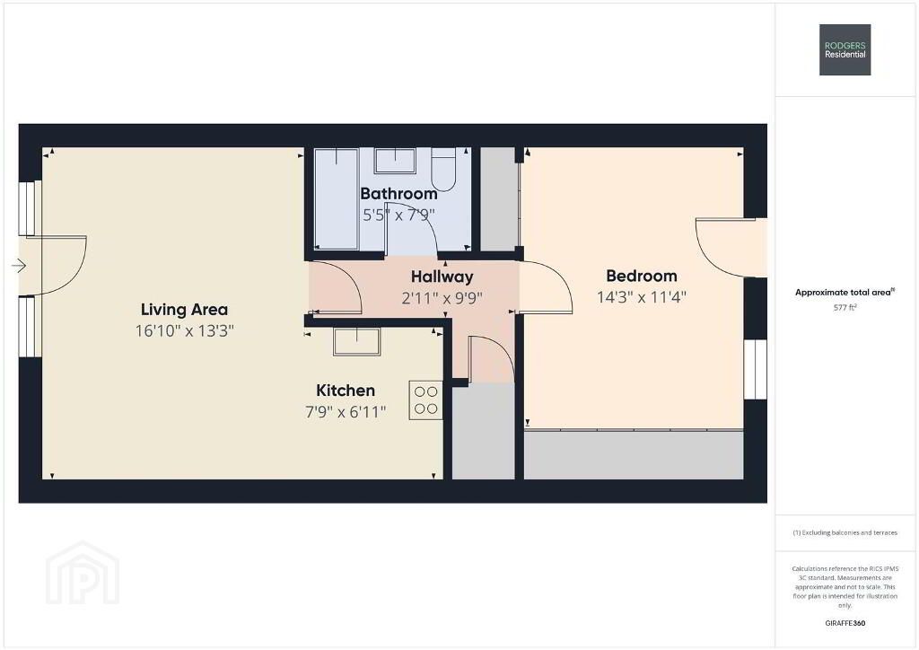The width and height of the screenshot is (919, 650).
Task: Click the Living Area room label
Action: click(x=184, y=310)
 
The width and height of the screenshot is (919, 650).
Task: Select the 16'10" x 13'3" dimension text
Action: click(x=185, y=331)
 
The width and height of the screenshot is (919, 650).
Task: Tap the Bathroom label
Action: click(x=398, y=193)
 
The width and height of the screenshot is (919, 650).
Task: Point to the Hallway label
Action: click(x=442, y=277)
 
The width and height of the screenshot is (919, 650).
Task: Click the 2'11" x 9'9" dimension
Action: click(x=442, y=298)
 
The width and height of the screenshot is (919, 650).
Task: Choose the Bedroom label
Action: click(x=642, y=276)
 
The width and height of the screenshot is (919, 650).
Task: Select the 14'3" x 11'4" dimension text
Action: click(x=642, y=297)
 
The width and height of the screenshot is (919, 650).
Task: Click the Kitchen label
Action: click(x=346, y=391)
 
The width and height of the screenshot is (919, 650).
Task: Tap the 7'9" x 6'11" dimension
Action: click(x=346, y=412)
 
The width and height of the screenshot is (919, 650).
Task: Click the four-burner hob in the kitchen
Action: click(x=425, y=400)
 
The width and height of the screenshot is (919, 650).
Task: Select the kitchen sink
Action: click(x=356, y=342)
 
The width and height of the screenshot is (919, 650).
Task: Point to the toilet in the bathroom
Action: click(x=443, y=170)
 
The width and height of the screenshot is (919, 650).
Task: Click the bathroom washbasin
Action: click(x=395, y=161)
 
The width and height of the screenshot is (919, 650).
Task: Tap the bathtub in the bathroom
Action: click(x=337, y=199)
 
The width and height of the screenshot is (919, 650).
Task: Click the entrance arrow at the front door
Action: click(x=19, y=266)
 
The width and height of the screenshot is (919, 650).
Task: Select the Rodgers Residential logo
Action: click(x=845, y=49)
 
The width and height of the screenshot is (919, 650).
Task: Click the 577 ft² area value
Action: click(x=845, y=307)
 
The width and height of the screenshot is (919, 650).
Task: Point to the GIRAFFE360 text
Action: click(x=845, y=623)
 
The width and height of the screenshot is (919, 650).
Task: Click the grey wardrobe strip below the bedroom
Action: click(x=634, y=455)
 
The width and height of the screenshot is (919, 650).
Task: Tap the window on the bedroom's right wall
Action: click(x=756, y=369)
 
